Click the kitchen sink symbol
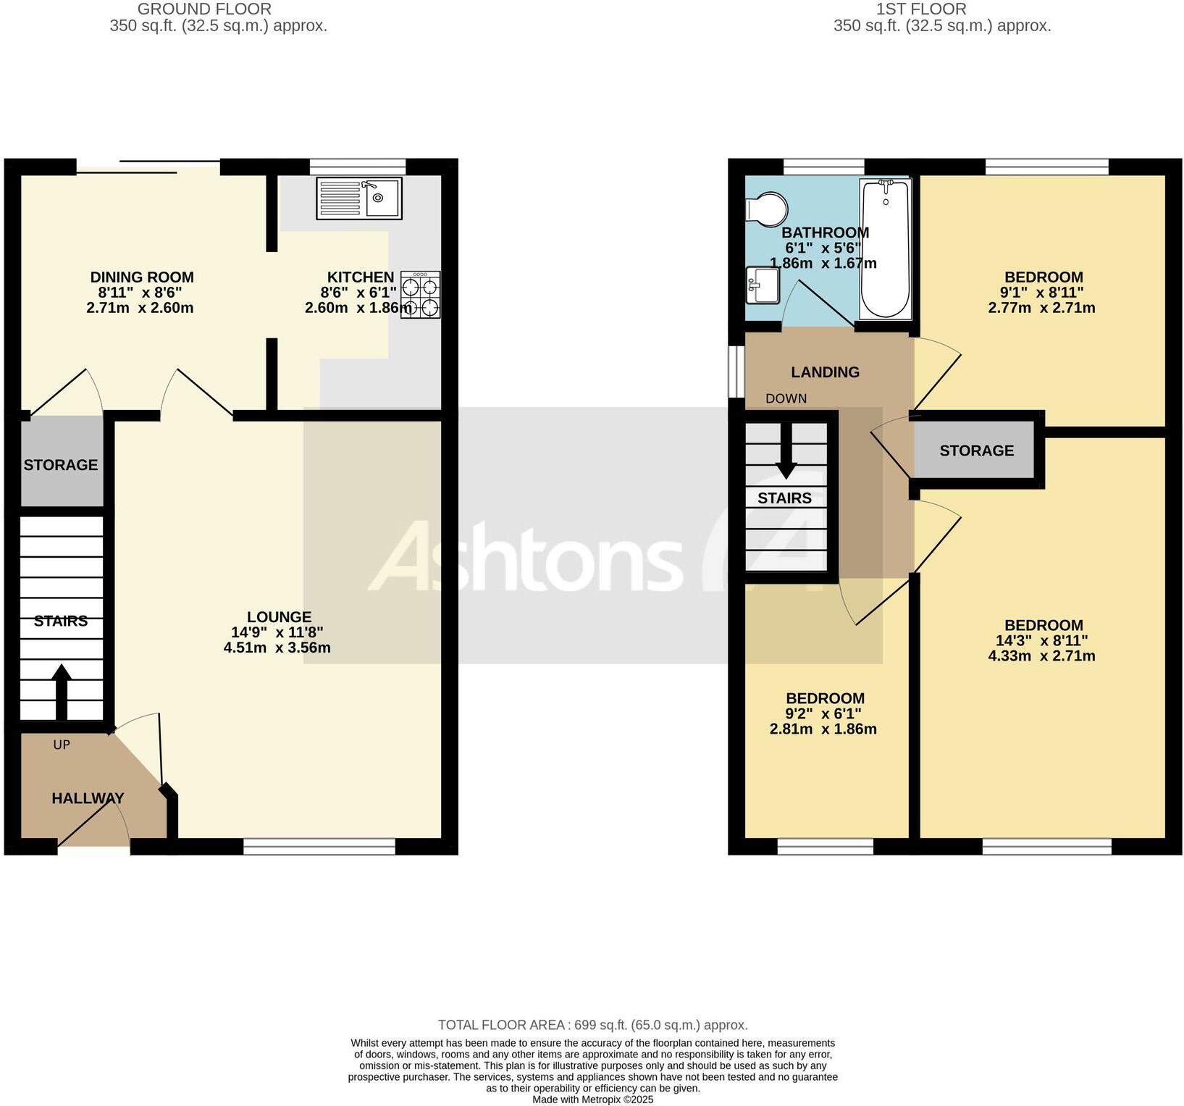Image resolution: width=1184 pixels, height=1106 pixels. click(359, 198)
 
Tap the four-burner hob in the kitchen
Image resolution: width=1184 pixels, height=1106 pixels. click(420, 296)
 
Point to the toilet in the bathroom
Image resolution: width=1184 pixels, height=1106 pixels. click(766, 209)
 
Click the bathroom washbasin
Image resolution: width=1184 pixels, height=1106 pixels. click(762, 285)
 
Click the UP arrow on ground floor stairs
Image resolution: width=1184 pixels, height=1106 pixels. click(61, 692)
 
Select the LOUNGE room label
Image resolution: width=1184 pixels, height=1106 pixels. click(279, 617)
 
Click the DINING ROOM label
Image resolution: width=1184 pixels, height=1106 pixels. click(142, 277)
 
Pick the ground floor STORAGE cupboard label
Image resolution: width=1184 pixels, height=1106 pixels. click(61, 465)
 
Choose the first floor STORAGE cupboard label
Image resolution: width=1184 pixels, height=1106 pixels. click(976, 451)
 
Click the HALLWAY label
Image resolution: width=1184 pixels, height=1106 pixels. click(88, 798)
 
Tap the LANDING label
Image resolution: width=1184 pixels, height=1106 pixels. click(825, 372)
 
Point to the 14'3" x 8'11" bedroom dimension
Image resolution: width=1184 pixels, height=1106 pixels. click(1041, 641)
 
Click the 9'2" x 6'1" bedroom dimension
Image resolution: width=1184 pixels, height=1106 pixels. click(825, 714)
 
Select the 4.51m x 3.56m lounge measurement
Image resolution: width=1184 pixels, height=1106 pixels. click(277, 648)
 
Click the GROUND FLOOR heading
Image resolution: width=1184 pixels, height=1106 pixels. click(204, 9)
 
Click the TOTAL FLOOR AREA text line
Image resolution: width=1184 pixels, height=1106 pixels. click(592, 1025)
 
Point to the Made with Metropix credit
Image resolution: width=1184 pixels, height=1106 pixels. click(592, 1099)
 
